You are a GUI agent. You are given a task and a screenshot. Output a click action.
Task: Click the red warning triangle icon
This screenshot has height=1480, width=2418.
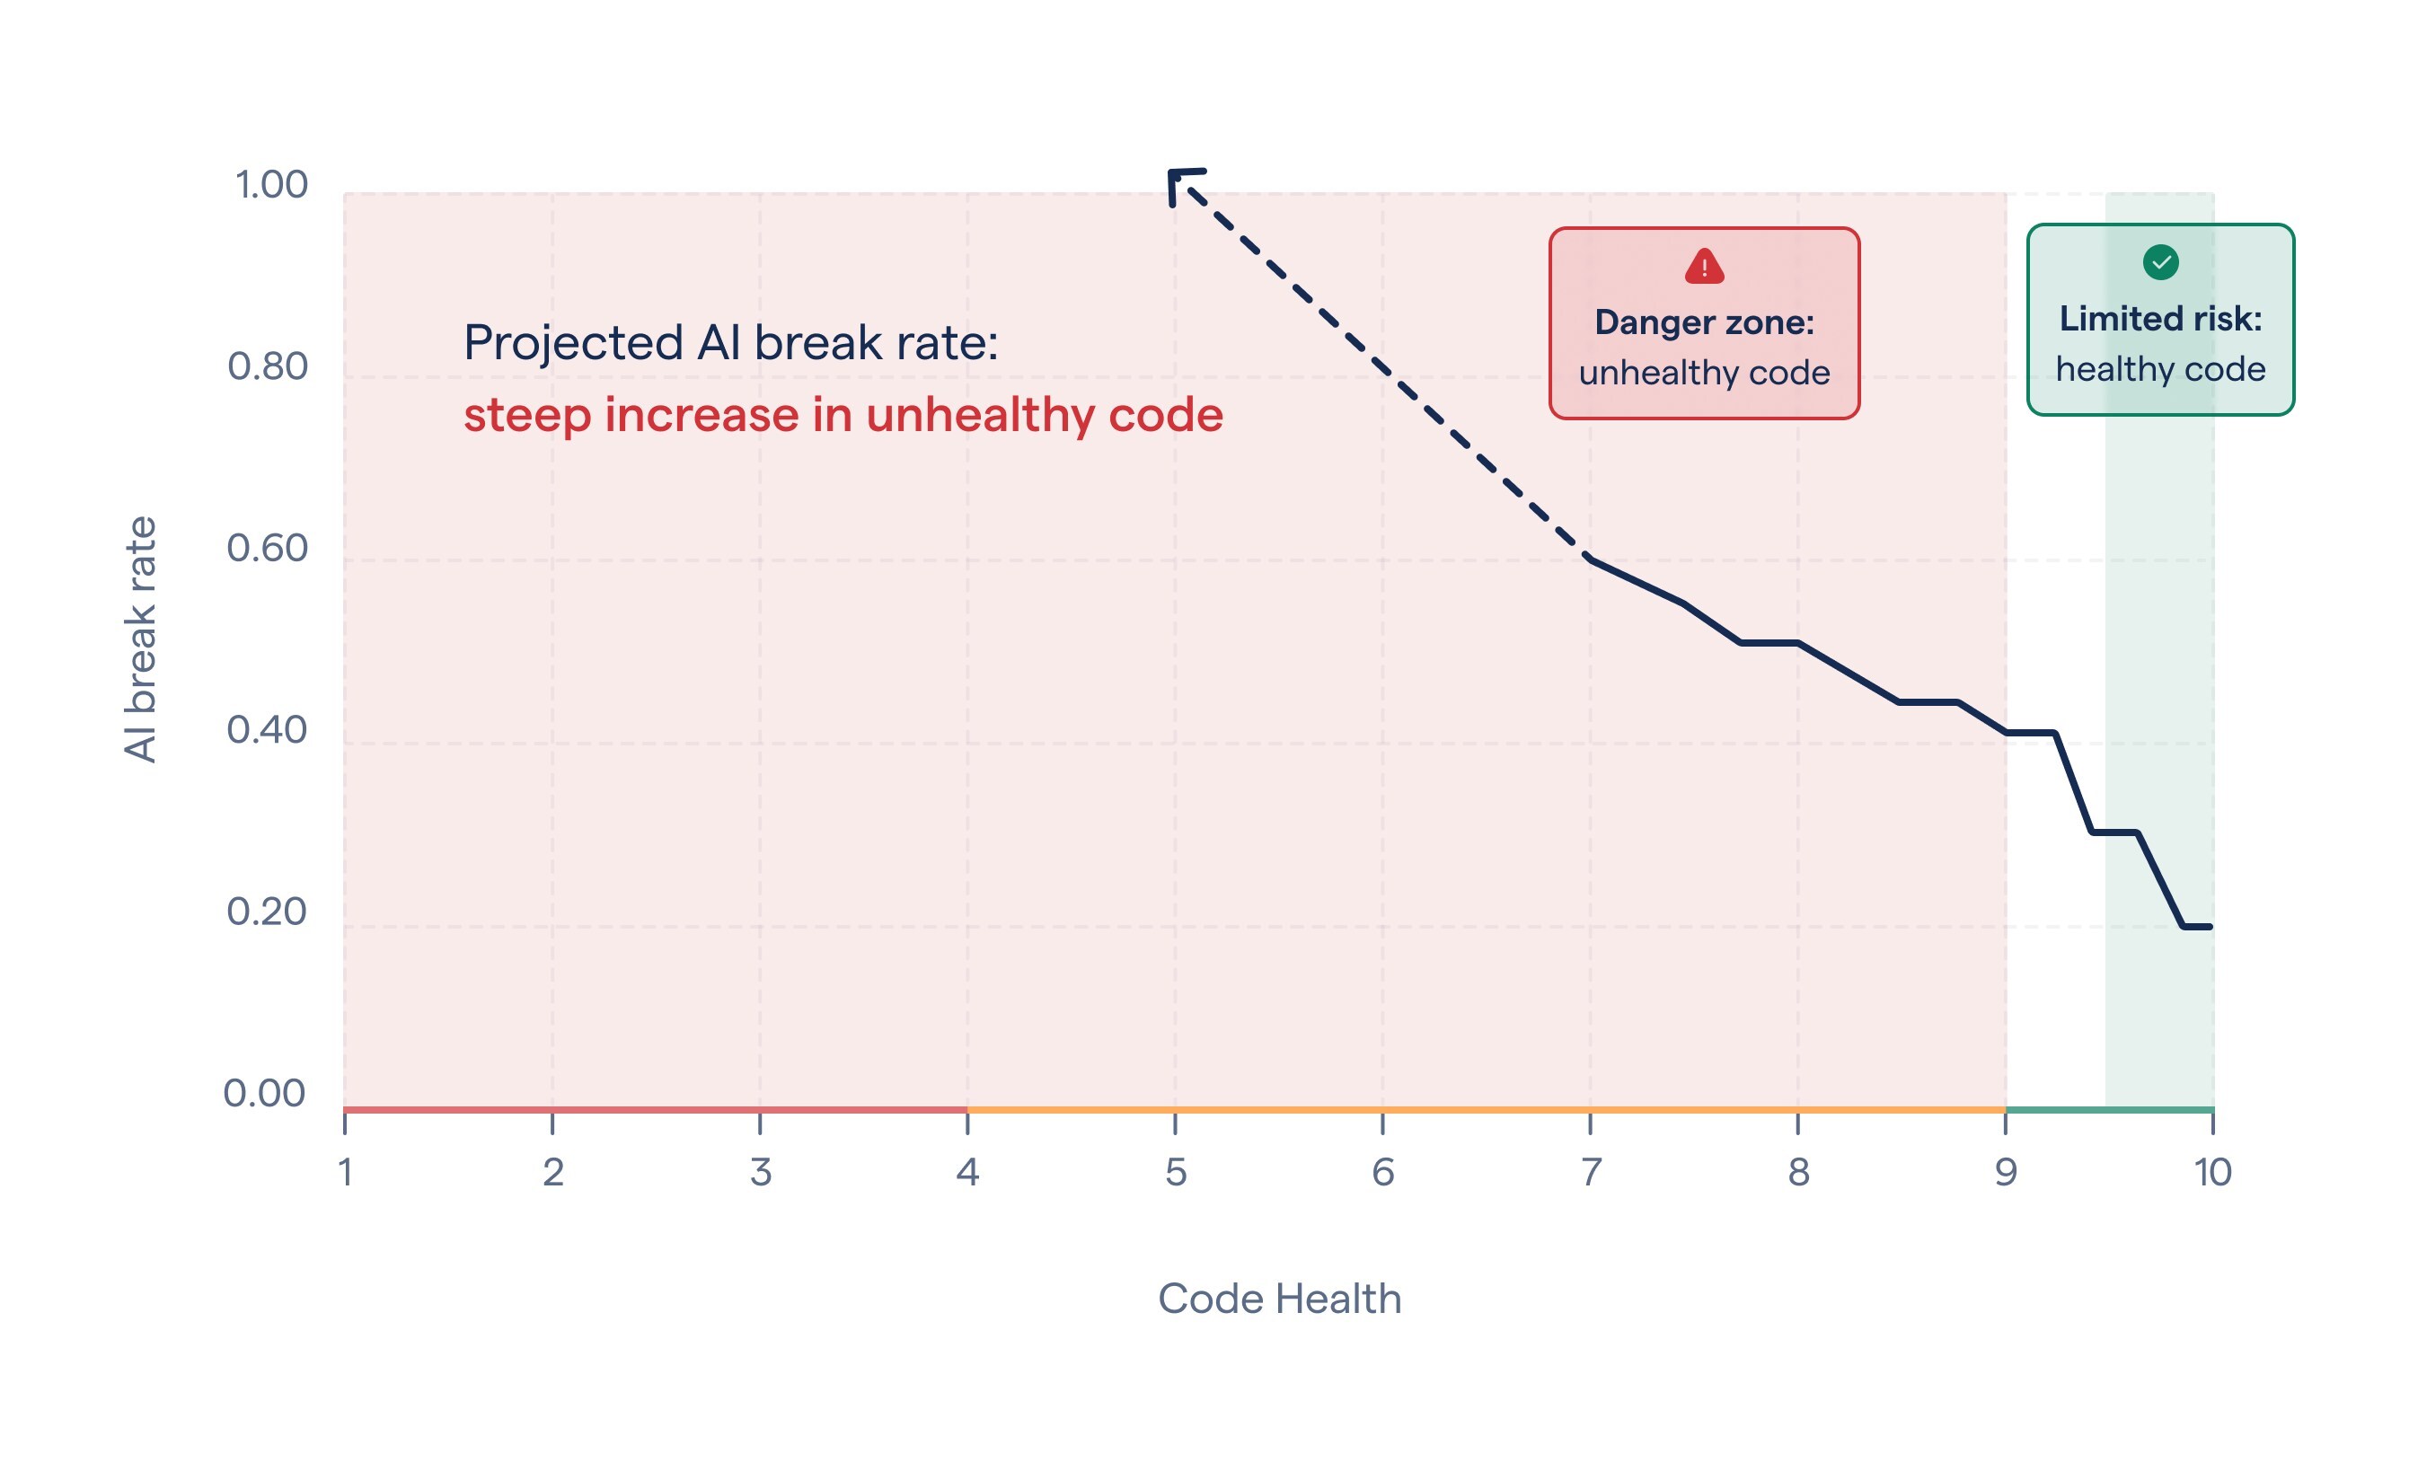(x=1704, y=266)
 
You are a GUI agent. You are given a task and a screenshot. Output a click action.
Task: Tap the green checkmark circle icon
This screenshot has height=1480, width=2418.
(x=2160, y=262)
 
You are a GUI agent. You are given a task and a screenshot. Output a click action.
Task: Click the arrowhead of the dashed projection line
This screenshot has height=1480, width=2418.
(x=1177, y=180)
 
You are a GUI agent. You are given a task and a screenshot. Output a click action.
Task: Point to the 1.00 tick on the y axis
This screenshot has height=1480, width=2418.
(x=272, y=184)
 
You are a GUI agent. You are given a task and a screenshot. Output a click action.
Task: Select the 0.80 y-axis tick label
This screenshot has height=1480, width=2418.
(x=268, y=367)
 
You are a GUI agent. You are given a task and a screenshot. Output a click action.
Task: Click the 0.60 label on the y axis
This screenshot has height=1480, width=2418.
(x=268, y=549)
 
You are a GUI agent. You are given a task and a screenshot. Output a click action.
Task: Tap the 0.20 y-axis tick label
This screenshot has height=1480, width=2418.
(x=268, y=912)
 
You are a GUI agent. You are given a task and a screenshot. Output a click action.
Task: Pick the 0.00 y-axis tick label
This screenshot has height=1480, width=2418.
(x=265, y=1093)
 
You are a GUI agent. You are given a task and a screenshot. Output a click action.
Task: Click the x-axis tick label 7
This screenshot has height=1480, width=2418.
(x=1591, y=1172)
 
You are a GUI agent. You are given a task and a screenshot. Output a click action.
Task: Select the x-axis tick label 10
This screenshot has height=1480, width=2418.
(x=2212, y=1172)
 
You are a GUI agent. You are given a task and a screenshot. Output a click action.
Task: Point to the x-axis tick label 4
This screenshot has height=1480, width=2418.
(x=967, y=1172)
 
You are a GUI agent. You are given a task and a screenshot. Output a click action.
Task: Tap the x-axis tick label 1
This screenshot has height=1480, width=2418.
(x=346, y=1172)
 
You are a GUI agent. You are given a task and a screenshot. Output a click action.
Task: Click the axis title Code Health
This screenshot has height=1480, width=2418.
(x=1280, y=1299)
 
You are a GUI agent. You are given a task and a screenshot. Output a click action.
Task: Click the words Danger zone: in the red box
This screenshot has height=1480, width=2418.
(x=1704, y=322)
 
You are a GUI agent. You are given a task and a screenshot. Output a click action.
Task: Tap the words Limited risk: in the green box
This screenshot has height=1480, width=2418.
(x=2160, y=318)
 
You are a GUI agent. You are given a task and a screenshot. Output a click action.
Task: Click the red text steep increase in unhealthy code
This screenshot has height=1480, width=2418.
(x=843, y=414)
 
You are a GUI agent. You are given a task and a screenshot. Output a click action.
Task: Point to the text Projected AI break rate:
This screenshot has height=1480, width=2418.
(x=731, y=342)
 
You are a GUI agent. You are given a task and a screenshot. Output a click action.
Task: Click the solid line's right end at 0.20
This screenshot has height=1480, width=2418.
(x=2208, y=927)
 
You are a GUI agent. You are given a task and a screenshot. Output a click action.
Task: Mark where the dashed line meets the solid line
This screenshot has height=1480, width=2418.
(x=1590, y=559)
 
